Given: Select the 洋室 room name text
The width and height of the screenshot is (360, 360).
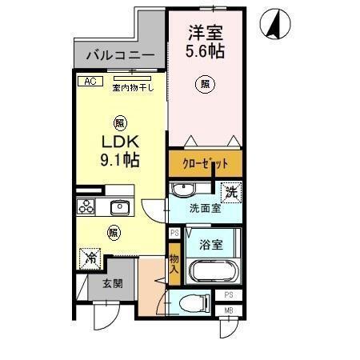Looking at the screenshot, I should [x=206, y=34].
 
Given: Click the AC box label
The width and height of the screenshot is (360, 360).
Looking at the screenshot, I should [x=89, y=81].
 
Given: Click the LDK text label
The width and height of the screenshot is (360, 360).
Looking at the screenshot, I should [x=119, y=142].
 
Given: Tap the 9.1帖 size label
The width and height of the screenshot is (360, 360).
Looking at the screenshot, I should [x=119, y=159].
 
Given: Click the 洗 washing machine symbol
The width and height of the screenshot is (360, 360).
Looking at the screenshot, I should [x=230, y=191].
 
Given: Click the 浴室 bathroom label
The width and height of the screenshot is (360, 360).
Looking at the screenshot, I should [x=212, y=240].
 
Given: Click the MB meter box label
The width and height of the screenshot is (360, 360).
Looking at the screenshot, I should [x=228, y=310].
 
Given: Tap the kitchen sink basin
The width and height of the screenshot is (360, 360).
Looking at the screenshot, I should [x=118, y=207].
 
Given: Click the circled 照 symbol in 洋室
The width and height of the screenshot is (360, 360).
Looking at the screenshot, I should [x=206, y=83].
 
